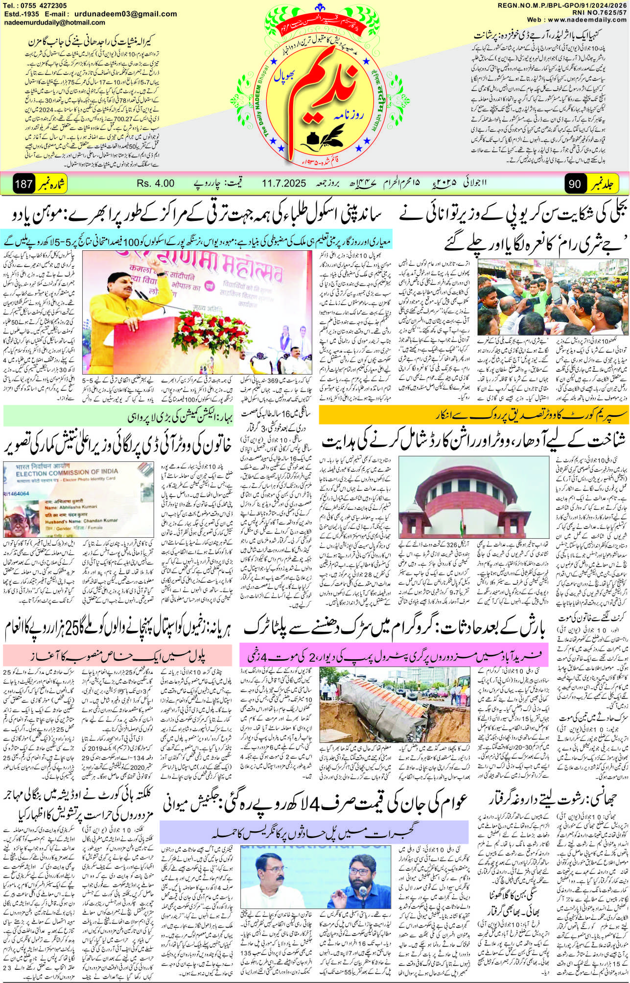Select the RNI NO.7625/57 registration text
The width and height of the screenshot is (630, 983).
pos(596,12)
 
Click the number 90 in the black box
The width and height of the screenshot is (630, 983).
pos(575,184)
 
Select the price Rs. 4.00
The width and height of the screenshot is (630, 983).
pos(156,184)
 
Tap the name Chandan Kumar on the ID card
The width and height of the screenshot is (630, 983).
pos(100,521)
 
